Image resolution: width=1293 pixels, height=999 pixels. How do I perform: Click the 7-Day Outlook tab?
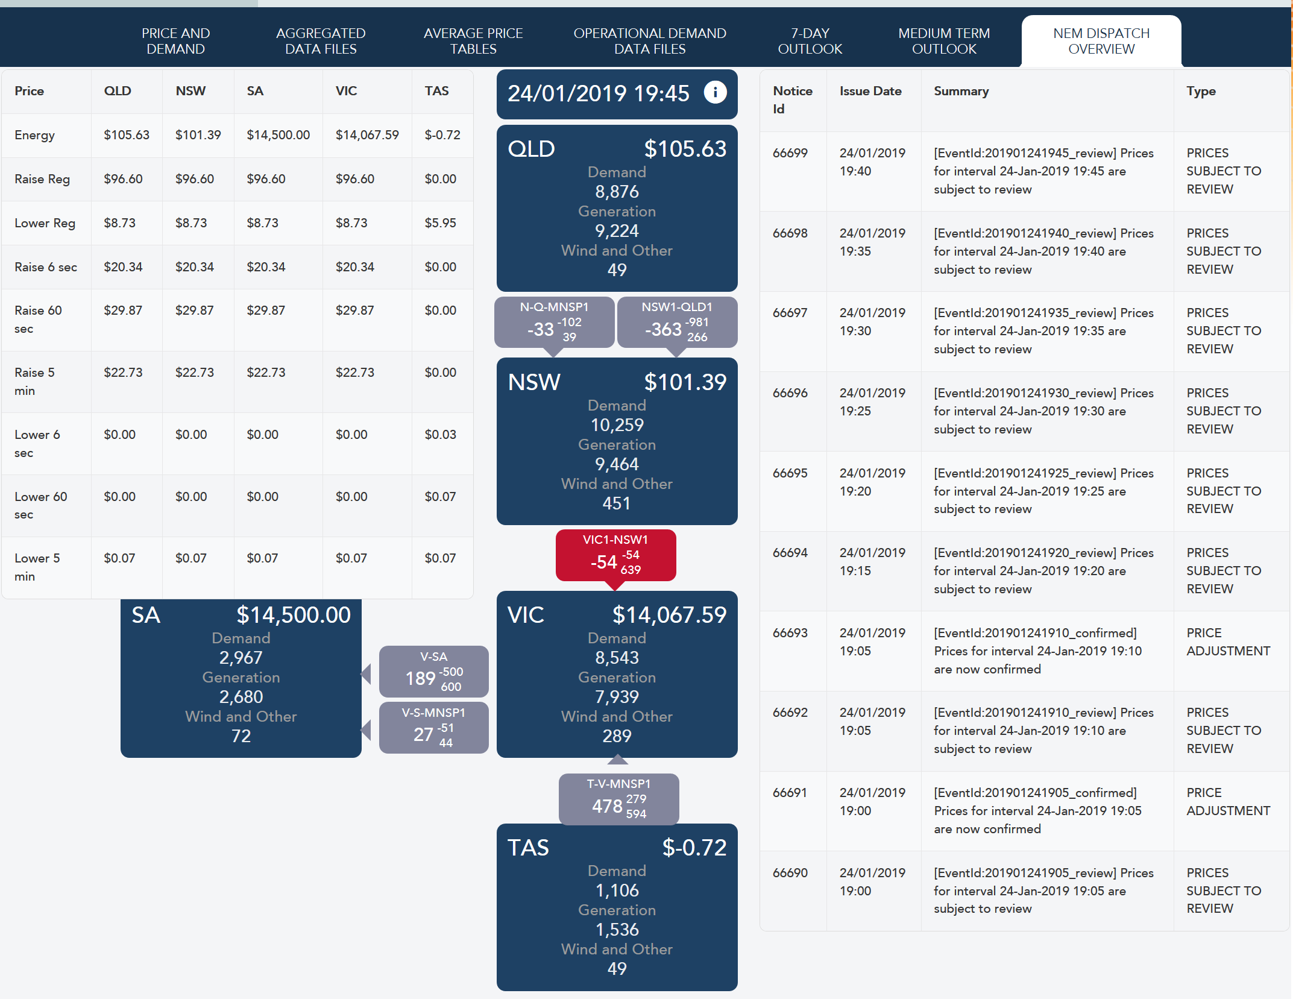(x=810, y=41)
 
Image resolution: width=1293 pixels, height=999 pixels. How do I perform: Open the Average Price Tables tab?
(x=473, y=41)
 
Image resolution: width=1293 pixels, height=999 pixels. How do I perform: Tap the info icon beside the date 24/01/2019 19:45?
(x=715, y=92)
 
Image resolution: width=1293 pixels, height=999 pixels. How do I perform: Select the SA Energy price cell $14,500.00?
(x=278, y=135)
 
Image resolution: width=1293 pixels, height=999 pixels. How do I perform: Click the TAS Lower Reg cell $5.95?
(x=440, y=223)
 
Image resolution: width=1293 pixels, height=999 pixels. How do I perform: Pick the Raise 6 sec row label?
(x=46, y=267)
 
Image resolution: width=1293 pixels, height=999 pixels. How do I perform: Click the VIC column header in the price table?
(x=346, y=91)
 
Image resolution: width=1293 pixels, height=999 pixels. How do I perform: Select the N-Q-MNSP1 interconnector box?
(x=554, y=322)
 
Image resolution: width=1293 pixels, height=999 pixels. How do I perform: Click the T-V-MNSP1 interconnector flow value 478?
(x=606, y=806)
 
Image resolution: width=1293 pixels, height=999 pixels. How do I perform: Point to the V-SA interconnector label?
(x=433, y=657)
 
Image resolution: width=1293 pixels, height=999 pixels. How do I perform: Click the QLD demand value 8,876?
(x=617, y=192)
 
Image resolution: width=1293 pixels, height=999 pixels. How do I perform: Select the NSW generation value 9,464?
(x=617, y=464)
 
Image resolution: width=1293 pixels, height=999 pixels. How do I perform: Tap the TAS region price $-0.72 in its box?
(x=694, y=848)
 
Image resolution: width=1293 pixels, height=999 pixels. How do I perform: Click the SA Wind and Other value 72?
(x=241, y=736)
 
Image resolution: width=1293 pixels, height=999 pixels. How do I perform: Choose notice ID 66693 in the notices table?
(x=790, y=633)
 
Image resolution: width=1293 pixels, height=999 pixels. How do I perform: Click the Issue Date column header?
(x=870, y=91)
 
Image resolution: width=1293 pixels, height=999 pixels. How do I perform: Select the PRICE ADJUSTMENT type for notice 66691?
(x=1227, y=802)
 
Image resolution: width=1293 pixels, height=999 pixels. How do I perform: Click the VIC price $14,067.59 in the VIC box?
(x=669, y=615)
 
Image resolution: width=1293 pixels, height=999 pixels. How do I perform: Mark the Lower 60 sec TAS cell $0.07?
(x=440, y=497)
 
